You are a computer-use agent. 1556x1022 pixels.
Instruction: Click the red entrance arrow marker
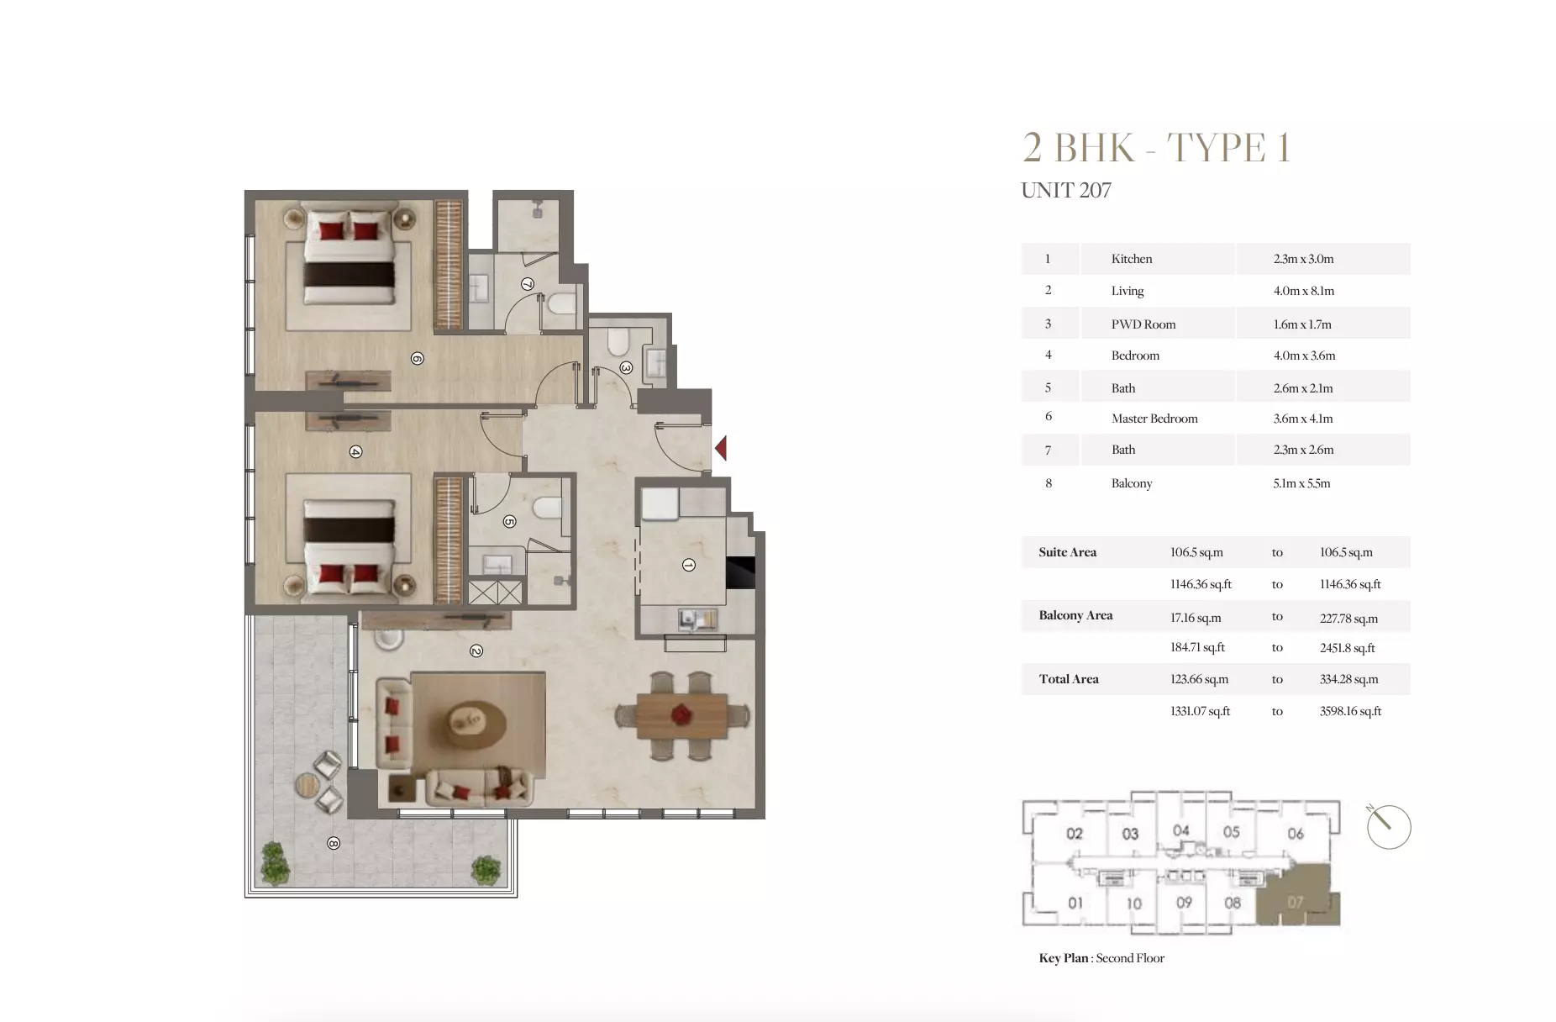click(x=721, y=449)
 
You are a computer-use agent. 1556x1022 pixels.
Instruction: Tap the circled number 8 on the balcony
click(x=334, y=843)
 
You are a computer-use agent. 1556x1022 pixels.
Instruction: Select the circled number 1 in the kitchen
click(x=688, y=566)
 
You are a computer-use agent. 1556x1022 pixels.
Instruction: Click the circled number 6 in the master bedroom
click(x=417, y=359)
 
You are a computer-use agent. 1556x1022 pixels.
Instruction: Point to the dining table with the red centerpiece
click(x=681, y=715)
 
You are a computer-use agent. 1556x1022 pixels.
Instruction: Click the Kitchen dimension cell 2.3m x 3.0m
click(x=1303, y=259)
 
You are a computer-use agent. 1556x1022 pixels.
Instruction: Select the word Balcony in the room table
click(x=1131, y=483)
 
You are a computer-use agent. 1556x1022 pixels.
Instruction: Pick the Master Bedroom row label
click(x=1154, y=419)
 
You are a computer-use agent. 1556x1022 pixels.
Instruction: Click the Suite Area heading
click(x=1067, y=552)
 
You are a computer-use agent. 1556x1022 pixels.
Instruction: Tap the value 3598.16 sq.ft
click(x=1350, y=711)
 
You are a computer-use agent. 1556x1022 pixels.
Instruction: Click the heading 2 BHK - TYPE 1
click(x=1155, y=149)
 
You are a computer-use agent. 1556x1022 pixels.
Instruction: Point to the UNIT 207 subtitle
click(x=1065, y=191)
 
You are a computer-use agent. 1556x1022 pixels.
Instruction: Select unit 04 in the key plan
click(x=1180, y=831)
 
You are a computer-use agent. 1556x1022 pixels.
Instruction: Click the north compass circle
click(x=1388, y=827)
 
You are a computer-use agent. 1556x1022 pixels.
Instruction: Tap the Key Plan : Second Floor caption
click(x=1101, y=958)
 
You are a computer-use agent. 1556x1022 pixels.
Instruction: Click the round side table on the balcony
click(x=307, y=784)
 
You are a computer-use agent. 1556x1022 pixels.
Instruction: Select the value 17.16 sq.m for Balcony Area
click(x=1195, y=618)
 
